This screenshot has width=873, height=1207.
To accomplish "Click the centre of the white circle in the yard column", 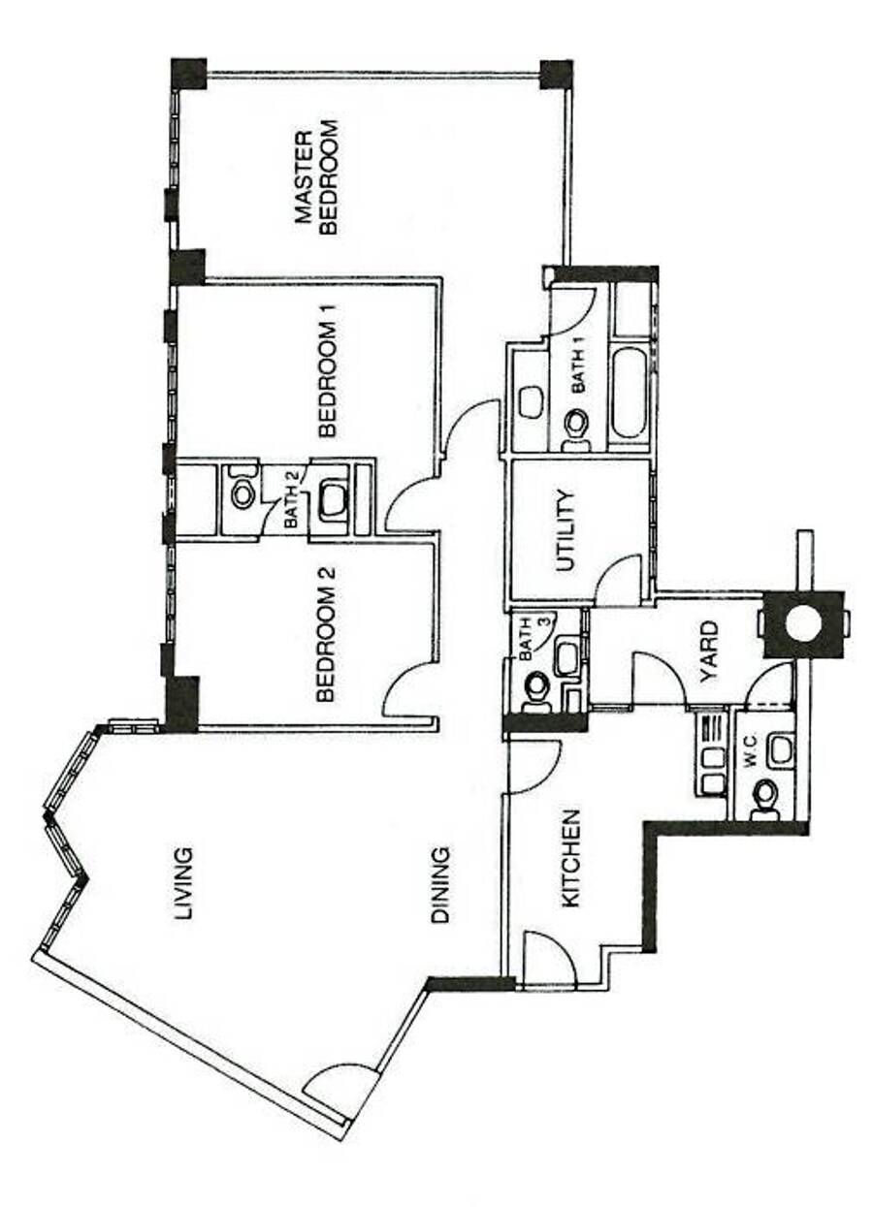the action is (803, 624).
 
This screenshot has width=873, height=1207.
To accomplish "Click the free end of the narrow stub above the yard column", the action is (804, 532).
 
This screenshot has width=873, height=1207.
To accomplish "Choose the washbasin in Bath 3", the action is (566, 658).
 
